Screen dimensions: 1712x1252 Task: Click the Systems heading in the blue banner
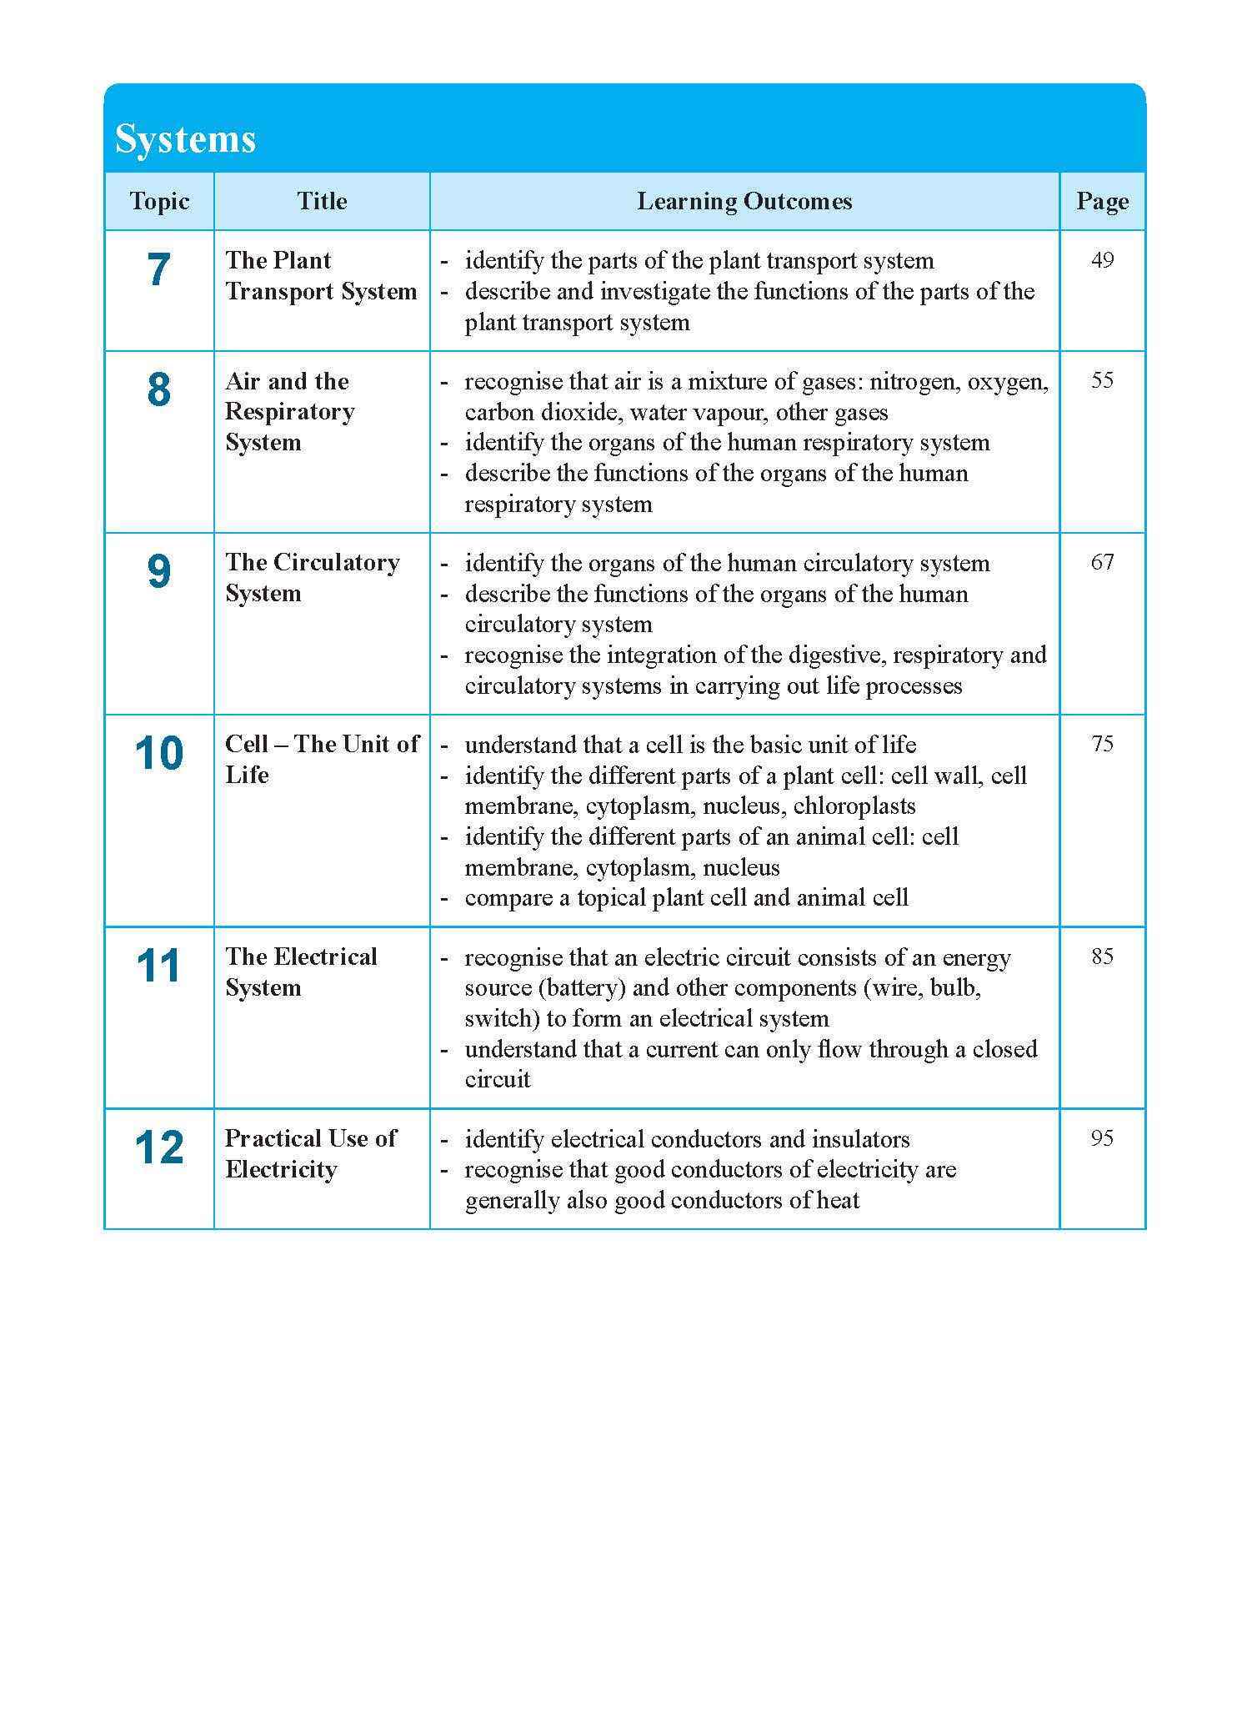pyautogui.click(x=185, y=138)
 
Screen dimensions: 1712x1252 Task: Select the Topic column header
pyautogui.click(x=159, y=201)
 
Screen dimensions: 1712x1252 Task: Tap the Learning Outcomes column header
pyautogui.click(x=744, y=201)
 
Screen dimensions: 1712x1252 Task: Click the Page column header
pyautogui.click(x=1102, y=201)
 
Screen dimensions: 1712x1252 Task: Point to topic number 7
pyautogui.click(x=158, y=270)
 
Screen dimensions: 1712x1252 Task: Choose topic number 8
pyautogui.click(x=158, y=390)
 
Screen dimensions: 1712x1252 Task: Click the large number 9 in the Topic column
pyautogui.click(x=158, y=572)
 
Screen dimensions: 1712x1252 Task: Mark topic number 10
pyautogui.click(x=158, y=754)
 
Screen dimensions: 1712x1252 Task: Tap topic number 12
pyautogui.click(x=158, y=1148)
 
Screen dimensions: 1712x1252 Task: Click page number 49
pyautogui.click(x=1102, y=260)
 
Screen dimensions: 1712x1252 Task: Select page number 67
pyautogui.click(x=1102, y=562)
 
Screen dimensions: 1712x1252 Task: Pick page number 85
pyautogui.click(x=1102, y=956)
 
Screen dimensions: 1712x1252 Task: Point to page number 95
pyautogui.click(x=1102, y=1138)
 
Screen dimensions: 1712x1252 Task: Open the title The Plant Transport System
pyautogui.click(x=321, y=276)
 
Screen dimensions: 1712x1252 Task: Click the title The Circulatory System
pyautogui.click(x=312, y=578)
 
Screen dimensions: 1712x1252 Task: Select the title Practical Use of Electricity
pyautogui.click(x=310, y=1154)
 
